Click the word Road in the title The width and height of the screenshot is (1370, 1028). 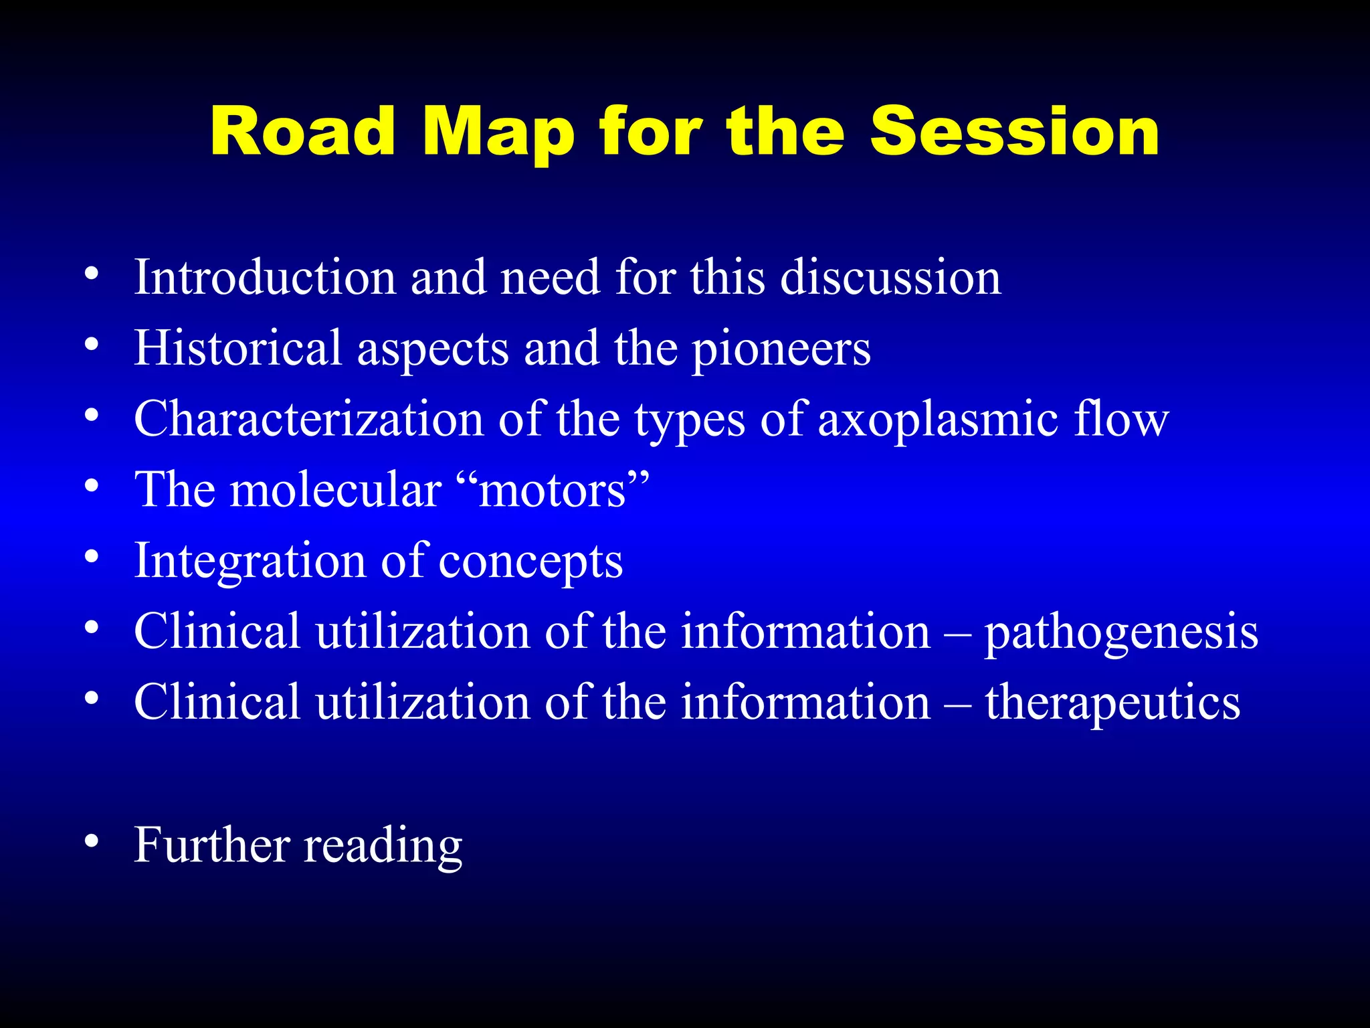click(x=302, y=132)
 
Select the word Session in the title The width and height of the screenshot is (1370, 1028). click(x=1014, y=132)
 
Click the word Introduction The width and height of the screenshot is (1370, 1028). click(x=265, y=277)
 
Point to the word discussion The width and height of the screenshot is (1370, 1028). click(x=890, y=277)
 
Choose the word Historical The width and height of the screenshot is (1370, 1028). click(x=238, y=348)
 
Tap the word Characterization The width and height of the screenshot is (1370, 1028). click(x=308, y=420)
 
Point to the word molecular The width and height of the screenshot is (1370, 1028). click(x=336, y=491)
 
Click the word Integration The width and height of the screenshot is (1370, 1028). click(x=250, y=561)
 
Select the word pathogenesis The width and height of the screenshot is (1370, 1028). click(x=1121, y=632)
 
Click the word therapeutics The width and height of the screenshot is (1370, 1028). click(x=1112, y=703)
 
